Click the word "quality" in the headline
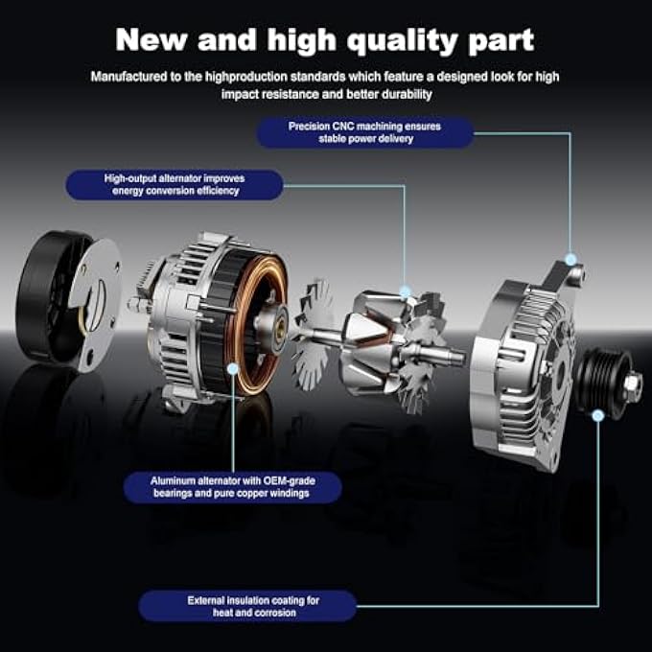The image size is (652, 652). point(402,40)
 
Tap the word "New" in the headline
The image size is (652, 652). point(151,39)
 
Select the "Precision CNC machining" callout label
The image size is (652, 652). point(364,132)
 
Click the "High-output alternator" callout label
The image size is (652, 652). point(175,185)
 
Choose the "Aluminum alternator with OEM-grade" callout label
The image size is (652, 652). point(233,487)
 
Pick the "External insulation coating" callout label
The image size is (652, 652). point(247,606)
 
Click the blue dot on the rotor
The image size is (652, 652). point(405,291)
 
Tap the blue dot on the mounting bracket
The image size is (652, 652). point(570,260)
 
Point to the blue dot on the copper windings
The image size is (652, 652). point(233,368)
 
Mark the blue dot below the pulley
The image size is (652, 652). point(598,415)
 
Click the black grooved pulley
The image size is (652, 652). point(603,382)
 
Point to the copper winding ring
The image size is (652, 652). point(260,324)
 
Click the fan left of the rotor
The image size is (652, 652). point(314,335)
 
